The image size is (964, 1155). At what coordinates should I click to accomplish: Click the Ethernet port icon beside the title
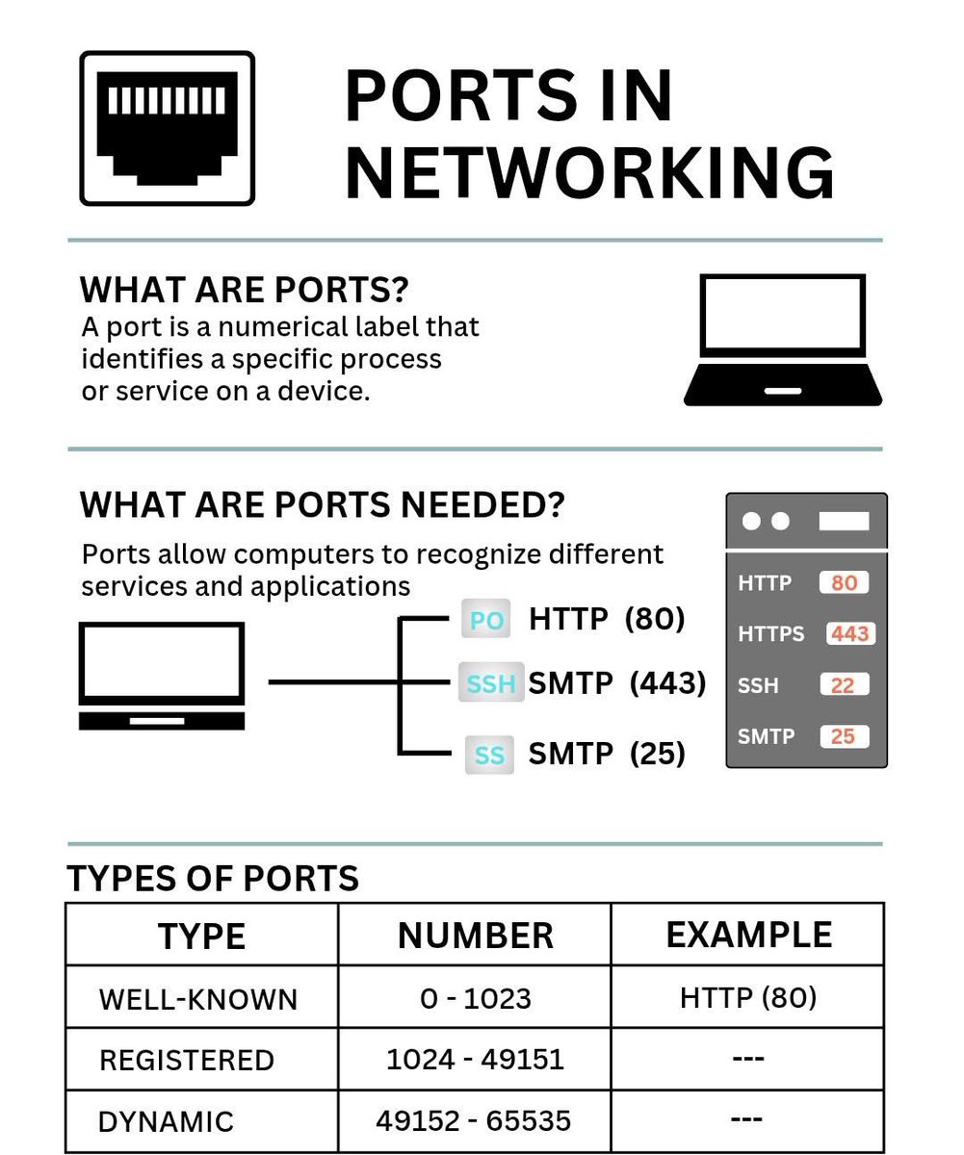pyautogui.click(x=167, y=128)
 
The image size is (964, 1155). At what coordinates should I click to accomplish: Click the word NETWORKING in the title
pyautogui.click(x=589, y=173)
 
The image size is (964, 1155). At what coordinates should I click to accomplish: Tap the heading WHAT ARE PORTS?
pyautogui.click(x=244, y=290)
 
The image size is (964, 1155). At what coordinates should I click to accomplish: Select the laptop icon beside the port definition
pyautogui.click(x=783, y=340)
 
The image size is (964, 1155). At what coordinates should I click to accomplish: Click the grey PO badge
pyautogui.click(x=486, y=620)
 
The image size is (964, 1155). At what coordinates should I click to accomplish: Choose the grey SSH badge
pyautogui.click(x=490, y=683)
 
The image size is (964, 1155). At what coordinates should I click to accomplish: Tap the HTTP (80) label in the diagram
pyautogui.click(x=607, y=619)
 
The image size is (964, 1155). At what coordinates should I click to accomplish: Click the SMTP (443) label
pyautogui.click(x=617, y=683)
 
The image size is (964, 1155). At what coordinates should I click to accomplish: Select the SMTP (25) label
pyautogui.click(x=607, y=754)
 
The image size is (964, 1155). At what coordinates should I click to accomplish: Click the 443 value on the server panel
pyautogui.click(x=850, y=633)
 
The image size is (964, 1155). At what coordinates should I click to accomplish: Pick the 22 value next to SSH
pyautogui.click(x=844, y=685)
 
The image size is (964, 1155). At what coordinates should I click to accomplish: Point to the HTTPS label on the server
pyautogui.click(x=770, y=633)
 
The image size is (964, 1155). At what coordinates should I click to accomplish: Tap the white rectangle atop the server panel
pyautogui.click(x=844, y=521)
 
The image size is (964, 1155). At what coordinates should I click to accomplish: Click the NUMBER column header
pyautogui.click(x=475, y=936)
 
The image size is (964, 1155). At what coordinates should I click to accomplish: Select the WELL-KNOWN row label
pyautogui.click(x=198, y=999)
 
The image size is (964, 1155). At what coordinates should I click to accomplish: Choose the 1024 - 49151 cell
pyautogui.click(x=475, y=1059)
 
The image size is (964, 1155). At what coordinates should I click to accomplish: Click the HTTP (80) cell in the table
pyautogui.click(x=748, y=997)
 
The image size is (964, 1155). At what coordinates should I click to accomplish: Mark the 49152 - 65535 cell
pyautogui.click(x=474, y=1120)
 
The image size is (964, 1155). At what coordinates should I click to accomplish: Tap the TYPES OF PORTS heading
pyautogui.click(x=213, y=879)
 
